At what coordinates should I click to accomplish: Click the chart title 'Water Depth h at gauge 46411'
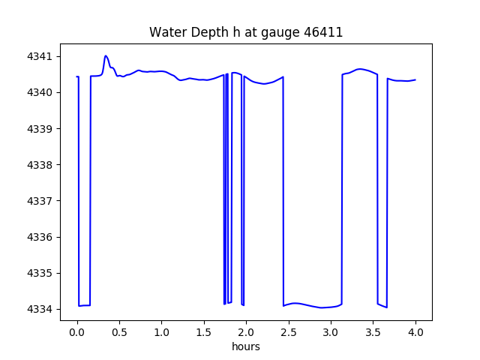pyautogui.click(x=246, y=32)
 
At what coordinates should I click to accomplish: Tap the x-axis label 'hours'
pyautogui.click(x=246, y=346)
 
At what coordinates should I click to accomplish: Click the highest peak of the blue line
pyautogui.click(x=106, y=56)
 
